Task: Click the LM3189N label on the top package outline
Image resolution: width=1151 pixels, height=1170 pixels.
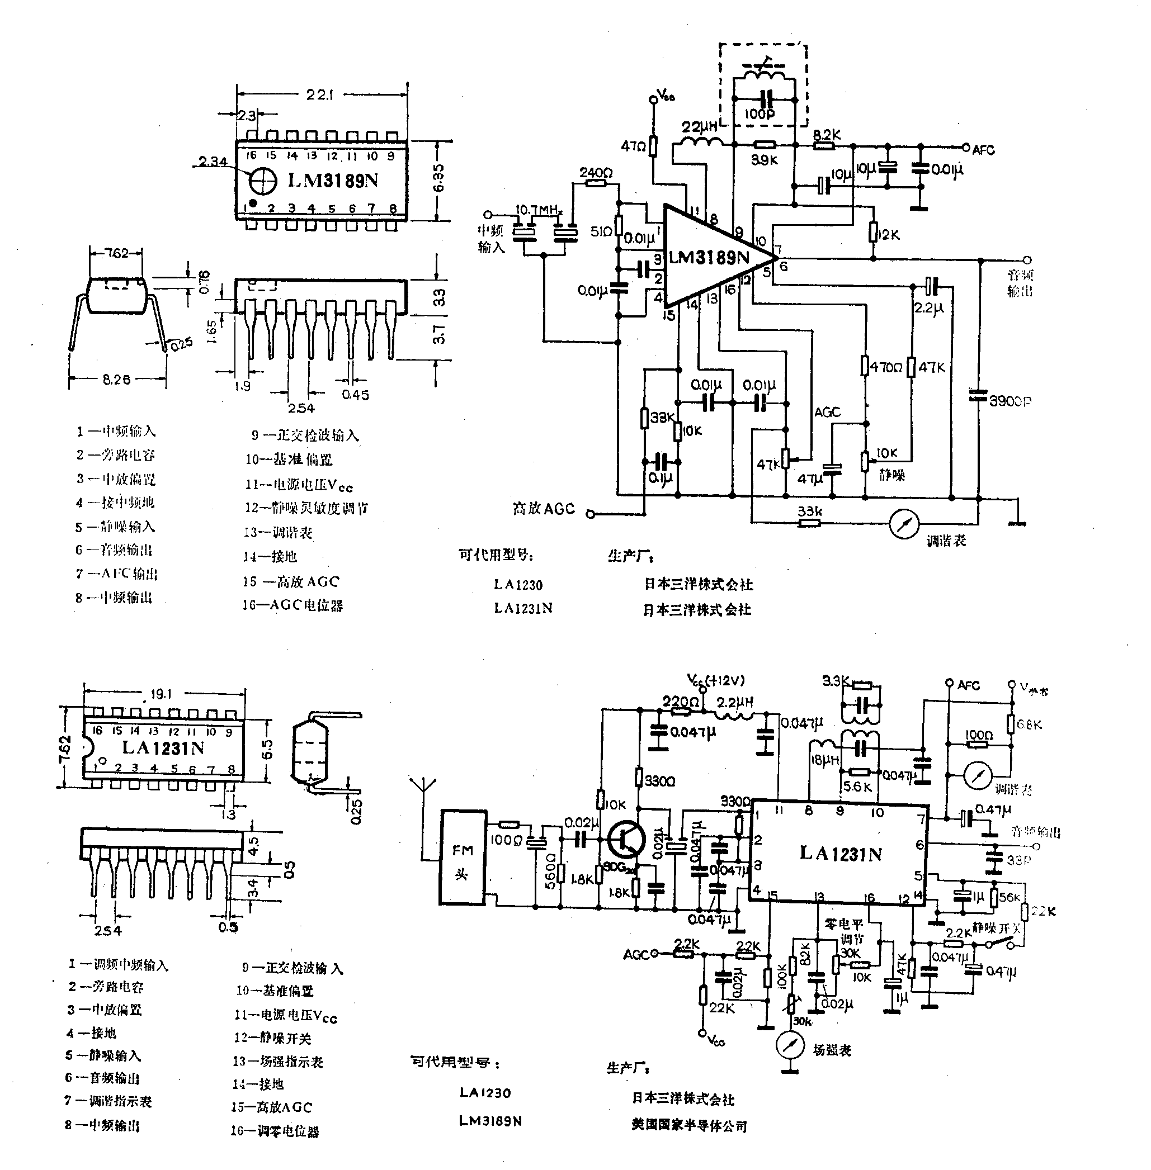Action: coord(333,180)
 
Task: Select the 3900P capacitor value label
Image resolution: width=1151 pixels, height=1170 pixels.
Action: coord(1010,401)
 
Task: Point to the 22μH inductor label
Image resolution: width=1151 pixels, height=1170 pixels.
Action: coord(700,127)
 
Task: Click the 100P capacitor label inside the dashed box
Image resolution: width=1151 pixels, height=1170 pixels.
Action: coord(760,113)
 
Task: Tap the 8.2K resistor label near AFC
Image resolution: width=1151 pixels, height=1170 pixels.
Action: coord(827,135)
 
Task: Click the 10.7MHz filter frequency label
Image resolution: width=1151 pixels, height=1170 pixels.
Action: coord(539,210)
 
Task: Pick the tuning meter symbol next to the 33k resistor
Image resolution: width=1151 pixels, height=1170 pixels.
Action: coord(905,523)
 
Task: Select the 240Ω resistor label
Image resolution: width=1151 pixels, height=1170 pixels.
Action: coord(596,172)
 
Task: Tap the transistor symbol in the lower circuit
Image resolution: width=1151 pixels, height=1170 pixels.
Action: coord(625,839)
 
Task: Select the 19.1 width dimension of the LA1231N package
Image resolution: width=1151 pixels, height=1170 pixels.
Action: coord(161,694)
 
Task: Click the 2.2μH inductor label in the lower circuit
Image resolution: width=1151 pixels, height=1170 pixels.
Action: coord(735,703)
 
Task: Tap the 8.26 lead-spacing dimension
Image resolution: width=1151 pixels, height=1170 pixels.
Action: coord(116,380)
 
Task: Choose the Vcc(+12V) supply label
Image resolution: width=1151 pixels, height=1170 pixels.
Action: coord(716,680)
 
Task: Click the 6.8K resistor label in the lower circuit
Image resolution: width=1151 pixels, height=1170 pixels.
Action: coord(1030,724)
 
